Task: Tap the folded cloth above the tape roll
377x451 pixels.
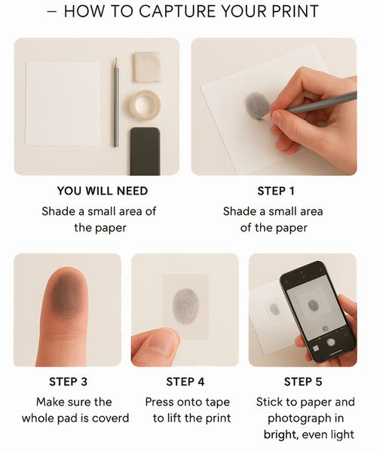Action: pyautogui.click(x=147, y=66)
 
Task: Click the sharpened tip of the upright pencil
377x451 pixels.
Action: pyautogui.click(x=116, y=58)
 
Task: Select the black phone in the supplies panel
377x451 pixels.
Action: pyautogui.click(x=145, y=152)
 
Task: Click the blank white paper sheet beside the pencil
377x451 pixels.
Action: pyautogui.click(x=63, y=104)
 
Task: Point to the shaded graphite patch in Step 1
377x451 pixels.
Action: pyautogui.click(x=257, y=106)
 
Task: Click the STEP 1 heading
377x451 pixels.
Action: pyautogui.click(x=276, y=191)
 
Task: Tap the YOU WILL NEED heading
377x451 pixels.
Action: pyautogui.click(x=103, y=191)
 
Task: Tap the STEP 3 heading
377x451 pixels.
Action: pyautogui.click(x=68, y=382)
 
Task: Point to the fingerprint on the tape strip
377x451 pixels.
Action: pyautogui.click(x=185, y=307)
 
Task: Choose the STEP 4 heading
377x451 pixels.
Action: pyautogui.click(x=185, y=382)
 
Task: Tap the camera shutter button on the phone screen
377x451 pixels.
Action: pyautogui.click(x=331, y=342)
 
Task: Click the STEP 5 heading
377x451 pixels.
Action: pyautogui.click(x=303, y=382)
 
